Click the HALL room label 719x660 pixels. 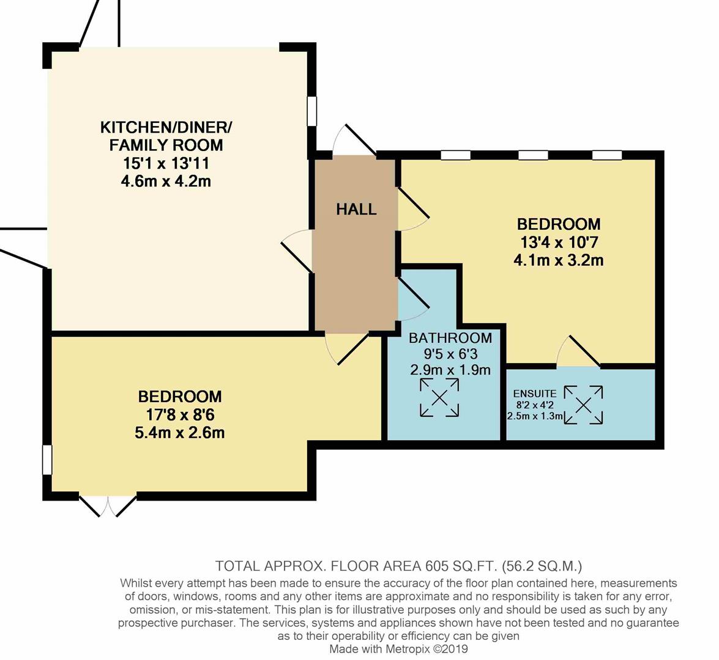click(356, 210)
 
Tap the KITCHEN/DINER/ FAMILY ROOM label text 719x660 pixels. click(166, 136)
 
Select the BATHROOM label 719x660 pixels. click(450, 338)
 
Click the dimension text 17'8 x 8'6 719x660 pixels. click(179, 415)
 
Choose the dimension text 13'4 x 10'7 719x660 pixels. click(558, 242)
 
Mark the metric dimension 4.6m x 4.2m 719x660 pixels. click(166, 181)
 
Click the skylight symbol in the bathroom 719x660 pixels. click(439, 398)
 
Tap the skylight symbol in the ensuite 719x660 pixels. click(583, 405)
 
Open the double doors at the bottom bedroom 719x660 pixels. click(108, 504)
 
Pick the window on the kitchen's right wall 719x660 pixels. click(312, 111)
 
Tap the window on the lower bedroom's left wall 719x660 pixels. click(47, 460)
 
